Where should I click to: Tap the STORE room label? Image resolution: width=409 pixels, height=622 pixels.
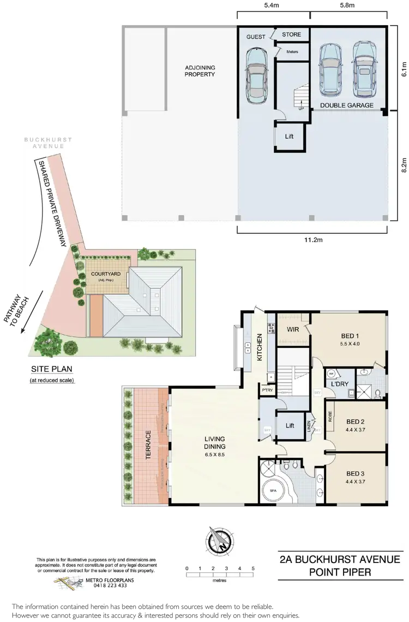tap(291, 35)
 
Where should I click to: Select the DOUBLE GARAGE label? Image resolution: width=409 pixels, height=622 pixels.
tap(346, 105)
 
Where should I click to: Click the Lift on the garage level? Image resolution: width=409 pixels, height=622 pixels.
tap(289, 136)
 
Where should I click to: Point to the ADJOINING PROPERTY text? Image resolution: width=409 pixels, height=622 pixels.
tap(200, 71)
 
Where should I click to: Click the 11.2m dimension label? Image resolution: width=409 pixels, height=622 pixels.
tap(312, 239)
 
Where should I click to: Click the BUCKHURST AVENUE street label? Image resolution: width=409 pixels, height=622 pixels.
tap(47, 143)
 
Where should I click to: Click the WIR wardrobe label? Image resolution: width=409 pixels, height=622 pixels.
tap(291, 329)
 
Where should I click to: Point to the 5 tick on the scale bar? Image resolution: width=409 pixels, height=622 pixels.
tap(253, 568)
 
